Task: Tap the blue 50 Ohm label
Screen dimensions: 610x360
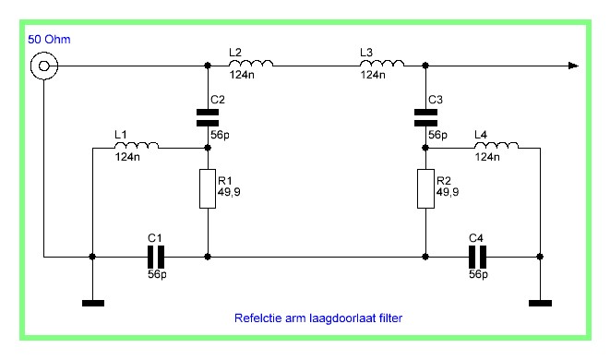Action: click(49, 40)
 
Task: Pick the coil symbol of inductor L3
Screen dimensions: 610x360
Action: click(382, 63)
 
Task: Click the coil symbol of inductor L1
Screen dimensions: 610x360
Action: click(137, 145)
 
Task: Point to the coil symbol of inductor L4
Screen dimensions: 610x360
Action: click(496, 145)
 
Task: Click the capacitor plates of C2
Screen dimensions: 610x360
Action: click(208, 117)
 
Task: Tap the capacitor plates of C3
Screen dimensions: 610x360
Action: click(425, 117)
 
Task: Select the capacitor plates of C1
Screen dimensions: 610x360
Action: click(156, 257)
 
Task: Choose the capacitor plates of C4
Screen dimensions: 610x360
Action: click(477, 257)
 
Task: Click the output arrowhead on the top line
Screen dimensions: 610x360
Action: click(573, 66)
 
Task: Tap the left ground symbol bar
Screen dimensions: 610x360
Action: click(93, 303)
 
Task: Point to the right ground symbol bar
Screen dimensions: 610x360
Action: click(540, 303)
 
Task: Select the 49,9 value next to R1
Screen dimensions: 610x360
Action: click(229, 192)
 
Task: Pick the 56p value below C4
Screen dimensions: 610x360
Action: click(479, 274)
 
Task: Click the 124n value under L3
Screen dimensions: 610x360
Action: click(373, 75)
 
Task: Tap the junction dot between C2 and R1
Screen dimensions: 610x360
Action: click(208, 148)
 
